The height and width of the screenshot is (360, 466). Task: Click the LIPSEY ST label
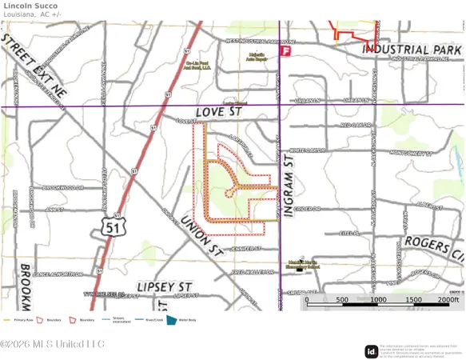point(165,286)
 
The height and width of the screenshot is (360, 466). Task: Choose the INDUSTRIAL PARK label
point(413,49)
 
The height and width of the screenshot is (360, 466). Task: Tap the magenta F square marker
point(285,50)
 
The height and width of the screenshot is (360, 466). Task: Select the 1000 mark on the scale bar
point(377,300)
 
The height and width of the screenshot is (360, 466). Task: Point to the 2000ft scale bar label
point(448,300)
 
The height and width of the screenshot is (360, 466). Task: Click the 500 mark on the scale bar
point(342,300)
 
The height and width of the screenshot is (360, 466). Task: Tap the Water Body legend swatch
point(170,320)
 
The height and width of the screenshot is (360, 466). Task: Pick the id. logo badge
point(371,351)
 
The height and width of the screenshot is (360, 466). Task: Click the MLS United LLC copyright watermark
point(52,344)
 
